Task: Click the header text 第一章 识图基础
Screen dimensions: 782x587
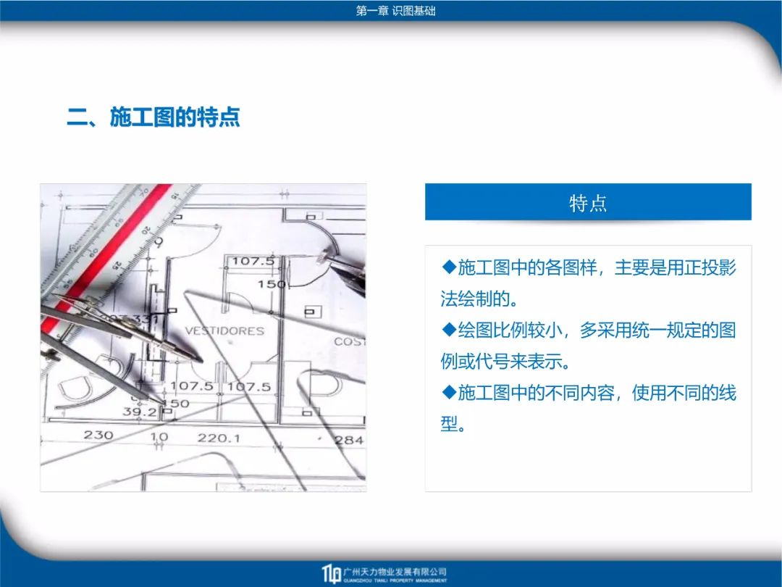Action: click(x=395, y=11)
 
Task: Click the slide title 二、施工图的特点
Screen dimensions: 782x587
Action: click(x=154, y=117)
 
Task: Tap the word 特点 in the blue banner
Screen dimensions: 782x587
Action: click(x=588, y=204)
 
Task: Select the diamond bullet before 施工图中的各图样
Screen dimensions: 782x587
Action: click(x=450, y=267)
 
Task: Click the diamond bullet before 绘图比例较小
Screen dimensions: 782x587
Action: click(x=450, y=330)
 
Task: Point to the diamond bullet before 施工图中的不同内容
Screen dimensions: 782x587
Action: click(x=450, y=392)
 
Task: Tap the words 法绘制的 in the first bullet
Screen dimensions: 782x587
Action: click(x=475, y=299)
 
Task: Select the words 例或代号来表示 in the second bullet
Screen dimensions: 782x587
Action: click(x=501, y=362)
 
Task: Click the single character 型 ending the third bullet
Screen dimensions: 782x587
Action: click(x=449, y=424)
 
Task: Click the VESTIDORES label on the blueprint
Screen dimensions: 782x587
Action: click(x=224, y=331)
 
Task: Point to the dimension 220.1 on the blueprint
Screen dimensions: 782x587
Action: click(x=219, y=438)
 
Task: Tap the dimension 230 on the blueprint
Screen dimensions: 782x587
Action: click(x=98, y=436)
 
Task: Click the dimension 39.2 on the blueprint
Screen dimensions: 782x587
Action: click(x=140, y=412)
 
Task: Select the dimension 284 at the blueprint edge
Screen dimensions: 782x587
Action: click(x=350, y=441)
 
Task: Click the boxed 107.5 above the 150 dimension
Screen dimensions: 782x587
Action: click(x=253, y=261)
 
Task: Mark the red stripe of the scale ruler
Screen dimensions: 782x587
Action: click(x=107, y=257)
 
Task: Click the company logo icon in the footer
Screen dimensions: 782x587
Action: click(x=331, y=574)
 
